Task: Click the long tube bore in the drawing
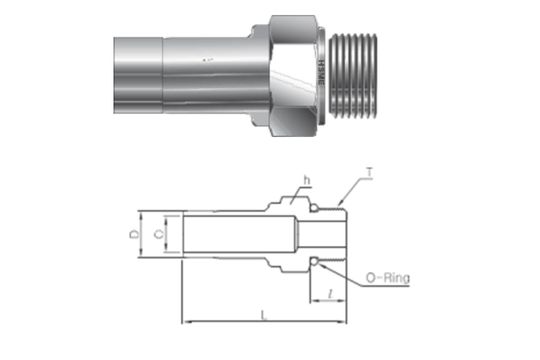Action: click(x=230, y=235)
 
